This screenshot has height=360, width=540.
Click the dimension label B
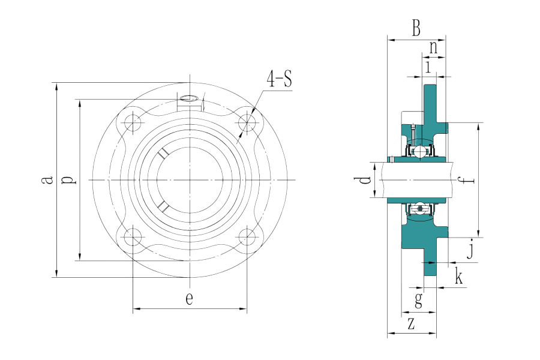coord(416,28)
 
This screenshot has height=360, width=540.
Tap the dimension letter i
coord(428,65)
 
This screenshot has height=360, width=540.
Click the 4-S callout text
coord(280,79)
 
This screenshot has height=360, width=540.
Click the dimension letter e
coord(189,299)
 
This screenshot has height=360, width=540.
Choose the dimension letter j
coord(471,249)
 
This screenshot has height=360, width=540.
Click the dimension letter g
coord(418,299)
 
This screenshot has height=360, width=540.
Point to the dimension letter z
coord(411,324)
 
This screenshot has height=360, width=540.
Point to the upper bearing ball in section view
coord(421,150)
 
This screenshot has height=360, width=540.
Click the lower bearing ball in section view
coord(421,210)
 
